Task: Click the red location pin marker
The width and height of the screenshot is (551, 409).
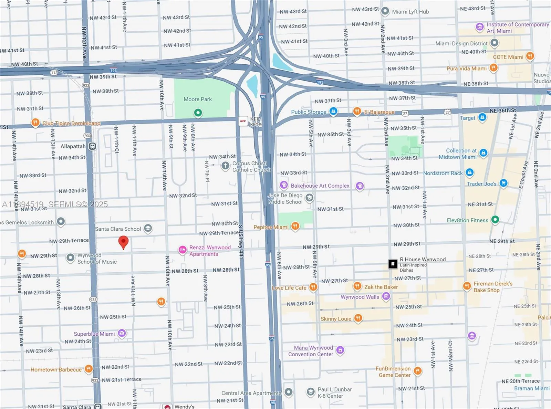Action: [123, 242]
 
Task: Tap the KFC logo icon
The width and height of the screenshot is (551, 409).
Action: [243, 121]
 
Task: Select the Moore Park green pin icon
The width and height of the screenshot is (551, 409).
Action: [198, 113]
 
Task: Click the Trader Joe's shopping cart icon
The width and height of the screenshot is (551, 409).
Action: [503, 183]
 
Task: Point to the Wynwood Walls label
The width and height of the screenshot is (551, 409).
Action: [360, 297]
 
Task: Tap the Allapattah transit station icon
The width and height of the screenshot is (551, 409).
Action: [92, 146]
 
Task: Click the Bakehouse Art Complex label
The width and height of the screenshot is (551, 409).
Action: [320, 186]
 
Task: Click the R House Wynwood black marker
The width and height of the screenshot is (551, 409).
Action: [393, 264]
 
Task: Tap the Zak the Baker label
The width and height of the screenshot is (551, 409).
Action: [381, 287]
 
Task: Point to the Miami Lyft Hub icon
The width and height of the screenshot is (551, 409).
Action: [385, 11]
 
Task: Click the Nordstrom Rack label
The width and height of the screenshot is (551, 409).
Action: [443, 173]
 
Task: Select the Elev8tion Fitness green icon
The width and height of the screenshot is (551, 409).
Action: [495, 220]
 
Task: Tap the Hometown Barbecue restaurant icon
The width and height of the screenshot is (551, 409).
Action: [89, 369]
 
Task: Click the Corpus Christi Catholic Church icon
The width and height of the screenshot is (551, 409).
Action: [225, 166]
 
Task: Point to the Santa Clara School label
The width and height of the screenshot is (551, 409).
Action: [118, 229]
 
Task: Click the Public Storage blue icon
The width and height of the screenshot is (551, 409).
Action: [333, 111]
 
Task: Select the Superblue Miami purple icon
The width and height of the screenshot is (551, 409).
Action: [122, 333]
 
